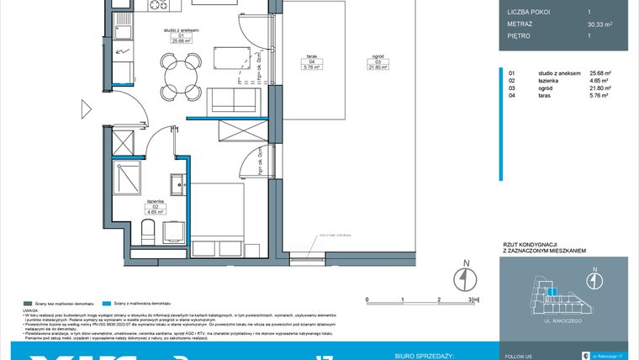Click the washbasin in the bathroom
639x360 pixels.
point(178,184)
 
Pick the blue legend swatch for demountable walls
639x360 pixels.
point(105,302)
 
